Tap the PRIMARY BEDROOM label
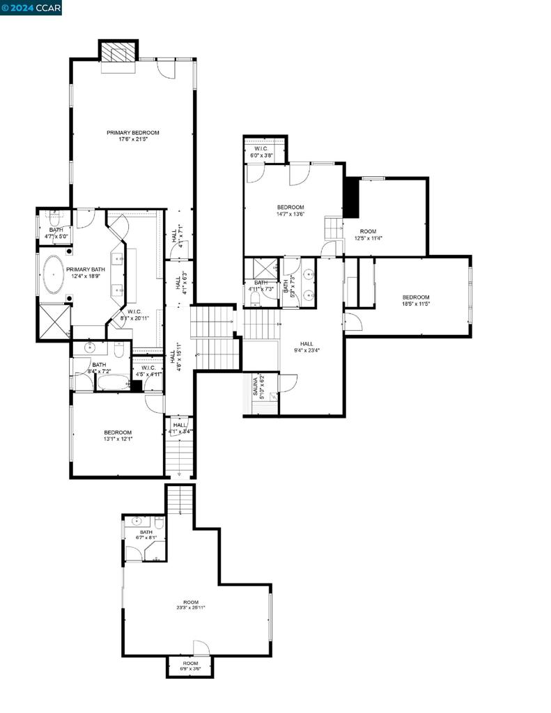(x=132, y=136)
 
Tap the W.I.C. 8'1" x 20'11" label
(x=136, y=315)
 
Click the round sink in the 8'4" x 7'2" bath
(x=89, y=348)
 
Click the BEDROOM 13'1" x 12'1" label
(x=118, y=435)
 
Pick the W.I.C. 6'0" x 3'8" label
(x=261, y=152)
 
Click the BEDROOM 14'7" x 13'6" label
(x=290, y=210)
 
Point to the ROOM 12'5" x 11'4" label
(x=368, y=234)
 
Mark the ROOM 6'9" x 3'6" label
(x=190, y=666)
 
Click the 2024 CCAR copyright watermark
(x=31, y=8)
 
